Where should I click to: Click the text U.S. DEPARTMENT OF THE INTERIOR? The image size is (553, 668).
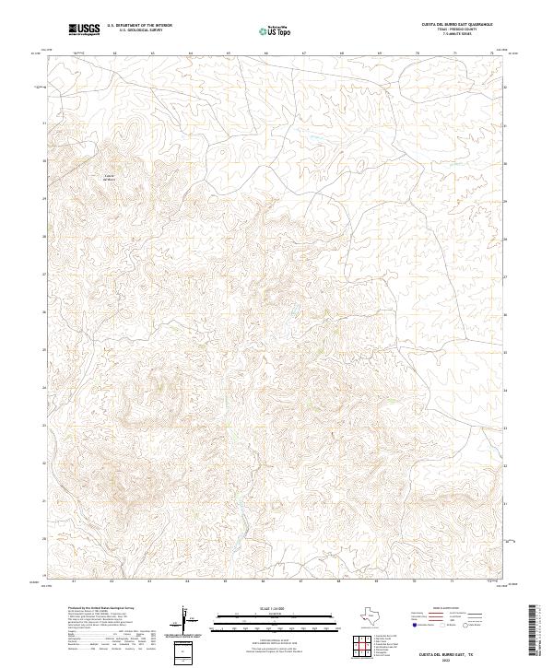139,27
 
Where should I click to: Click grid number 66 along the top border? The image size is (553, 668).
265,54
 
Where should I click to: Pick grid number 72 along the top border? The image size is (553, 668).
493,54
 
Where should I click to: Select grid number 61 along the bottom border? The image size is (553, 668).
74,582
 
